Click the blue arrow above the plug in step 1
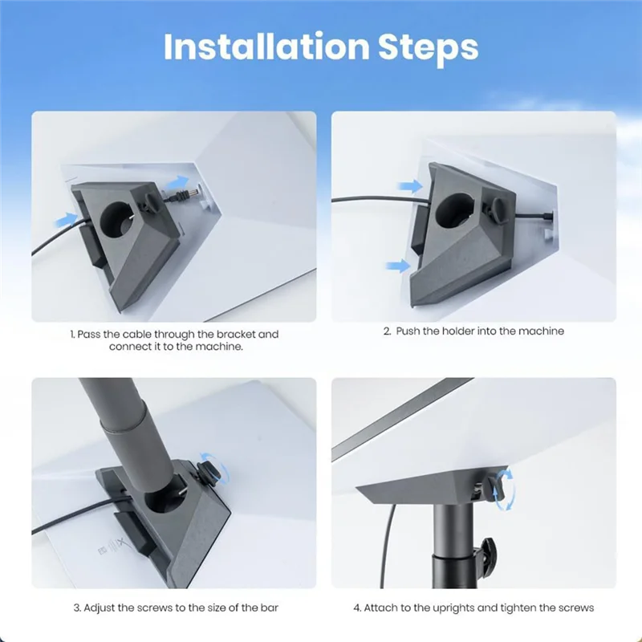[x=180, y=181]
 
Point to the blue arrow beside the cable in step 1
[x=67, y=217]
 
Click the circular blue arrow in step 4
[x=506, y=486]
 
